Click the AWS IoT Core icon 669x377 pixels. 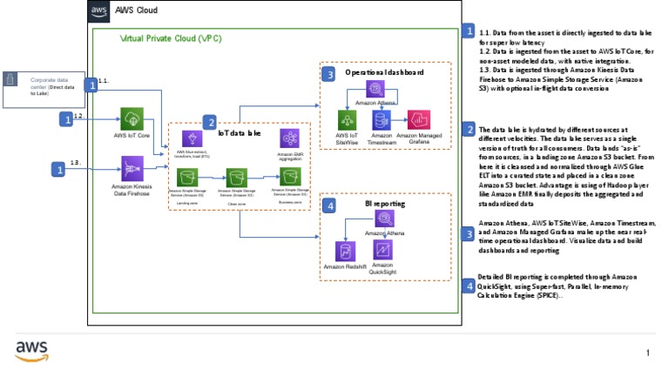[x=132, y=119]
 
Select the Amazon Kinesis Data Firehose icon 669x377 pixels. [x=132, y=168]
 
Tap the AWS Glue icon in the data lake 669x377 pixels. [x=192, y=139]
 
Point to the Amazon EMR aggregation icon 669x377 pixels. [x=289, y=138]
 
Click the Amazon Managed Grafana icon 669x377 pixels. [x=419, y=120]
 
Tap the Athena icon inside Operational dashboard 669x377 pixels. [x=377, y=89]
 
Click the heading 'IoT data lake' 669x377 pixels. [x=239, y=134]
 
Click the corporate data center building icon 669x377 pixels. [x=11, y=80]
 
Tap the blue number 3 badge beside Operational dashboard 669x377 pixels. [x=328, y=75]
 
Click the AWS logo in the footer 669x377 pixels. [x=32, y=351]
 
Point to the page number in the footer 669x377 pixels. [x=648, y=353]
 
